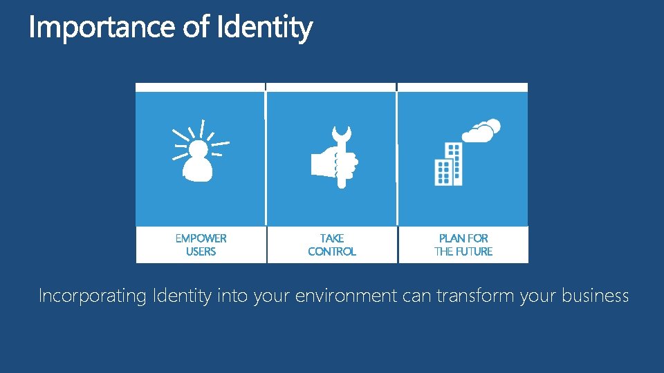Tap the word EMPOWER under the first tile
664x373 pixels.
[201, 238]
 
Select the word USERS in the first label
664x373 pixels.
[201, 251]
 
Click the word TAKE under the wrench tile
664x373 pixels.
[332, 238]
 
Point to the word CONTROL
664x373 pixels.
[332, 251]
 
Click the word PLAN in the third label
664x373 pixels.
[452, 238]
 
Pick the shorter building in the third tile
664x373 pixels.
[442, 172]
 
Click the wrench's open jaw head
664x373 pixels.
[341, 133]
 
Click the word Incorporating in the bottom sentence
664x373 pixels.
[91, 296]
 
